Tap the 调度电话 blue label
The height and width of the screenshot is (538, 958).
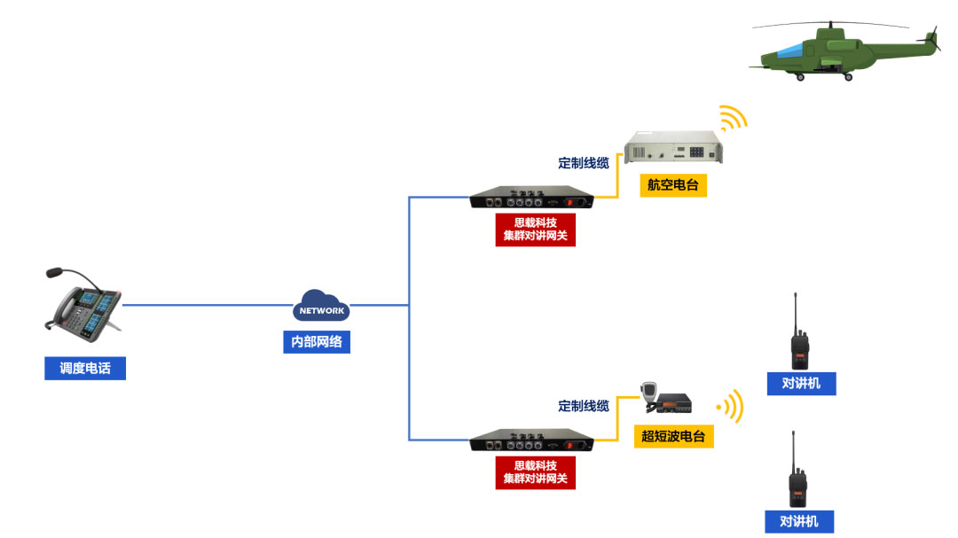[85, 368]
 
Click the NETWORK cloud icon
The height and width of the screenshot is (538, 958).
[321, 307]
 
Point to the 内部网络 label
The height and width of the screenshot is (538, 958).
[317, 341]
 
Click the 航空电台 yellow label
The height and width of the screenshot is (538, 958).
[672, 185]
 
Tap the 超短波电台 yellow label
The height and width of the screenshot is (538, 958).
[673, 436]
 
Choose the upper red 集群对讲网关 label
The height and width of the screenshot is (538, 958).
[535, 230]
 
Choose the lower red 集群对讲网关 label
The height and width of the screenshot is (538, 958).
[535, 472]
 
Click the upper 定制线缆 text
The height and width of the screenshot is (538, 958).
[584, 163]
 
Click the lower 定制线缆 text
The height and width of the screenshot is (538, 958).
[584, 406]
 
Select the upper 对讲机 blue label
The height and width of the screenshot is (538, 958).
[801, 384]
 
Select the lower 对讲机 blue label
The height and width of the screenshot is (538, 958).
[799, 521]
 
